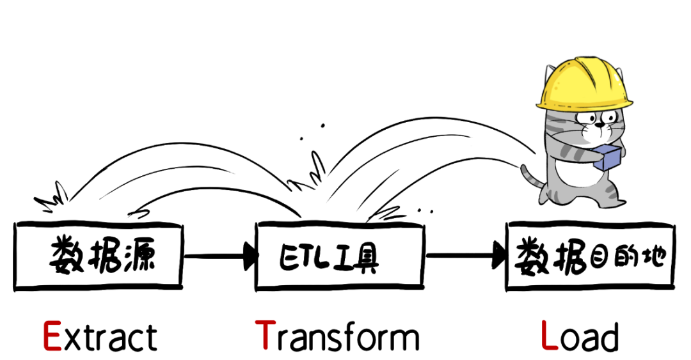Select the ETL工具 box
point(339,256)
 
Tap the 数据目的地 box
point(590,256)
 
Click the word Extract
point(100,336)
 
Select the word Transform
point(337,336)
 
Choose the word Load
point(580,336)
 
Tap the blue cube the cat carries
point(607,158)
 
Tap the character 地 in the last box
point(652,256)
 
